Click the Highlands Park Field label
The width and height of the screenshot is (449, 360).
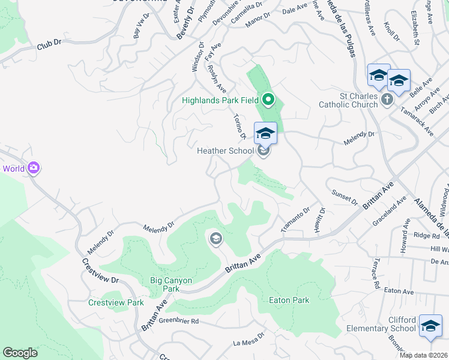(221, 100)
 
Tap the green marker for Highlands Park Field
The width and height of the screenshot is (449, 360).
(268, 99)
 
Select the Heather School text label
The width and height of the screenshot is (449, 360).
(226, 151)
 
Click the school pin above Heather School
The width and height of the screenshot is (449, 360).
(265, 133)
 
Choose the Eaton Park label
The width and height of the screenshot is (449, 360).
(289, 300)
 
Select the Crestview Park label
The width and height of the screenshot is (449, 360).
(116, 302)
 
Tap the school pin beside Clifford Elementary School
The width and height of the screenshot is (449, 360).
(430, 325)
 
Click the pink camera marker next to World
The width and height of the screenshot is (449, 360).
(34, 169)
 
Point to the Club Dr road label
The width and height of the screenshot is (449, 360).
(50, 44)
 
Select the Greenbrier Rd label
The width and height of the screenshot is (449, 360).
(179, 322)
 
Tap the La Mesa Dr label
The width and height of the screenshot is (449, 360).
(249, 340)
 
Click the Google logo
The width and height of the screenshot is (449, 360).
(20, 353)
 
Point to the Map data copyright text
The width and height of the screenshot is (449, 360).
(424, 355)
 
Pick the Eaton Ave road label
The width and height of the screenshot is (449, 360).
(399, 291)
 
